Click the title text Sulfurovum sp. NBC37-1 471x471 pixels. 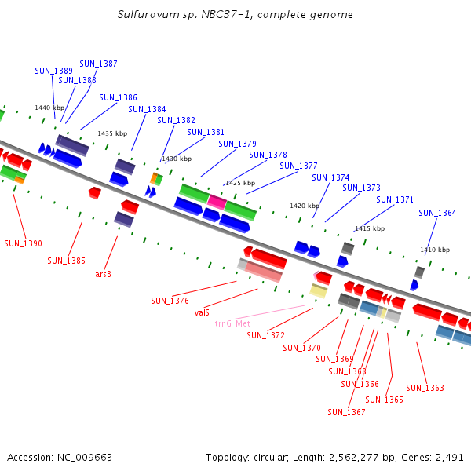coord(235,15)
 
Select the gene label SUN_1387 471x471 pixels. coord(98,64)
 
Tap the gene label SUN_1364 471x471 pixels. coord(437,213)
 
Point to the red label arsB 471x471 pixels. coord(103,274)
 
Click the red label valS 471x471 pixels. coord(202,312)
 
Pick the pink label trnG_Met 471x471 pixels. coord(232,323)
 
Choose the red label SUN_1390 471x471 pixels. coord(24,243)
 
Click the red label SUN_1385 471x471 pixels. coord(67,261)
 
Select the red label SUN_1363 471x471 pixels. coord(425,388)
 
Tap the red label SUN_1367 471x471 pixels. coord(346,412)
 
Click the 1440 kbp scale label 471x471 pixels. coord(48,108)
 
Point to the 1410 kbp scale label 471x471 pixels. coord(435,250)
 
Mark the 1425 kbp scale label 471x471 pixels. coord(239,183)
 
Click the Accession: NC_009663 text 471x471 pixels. coord(60,457)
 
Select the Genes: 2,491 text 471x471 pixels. coord(436,457)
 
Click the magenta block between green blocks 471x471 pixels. coord(217,202)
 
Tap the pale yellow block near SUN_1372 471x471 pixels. coord(318,290)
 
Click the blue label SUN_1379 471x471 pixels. coord(237,144)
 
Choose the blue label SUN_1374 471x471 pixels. coord(330,177)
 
